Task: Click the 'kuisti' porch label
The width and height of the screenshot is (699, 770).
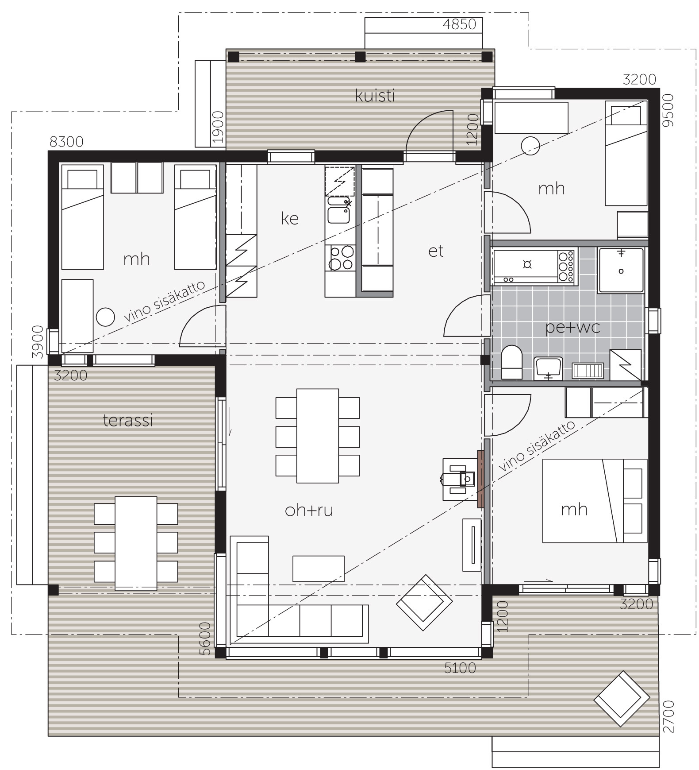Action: pyautogui.click(x=375, y=96)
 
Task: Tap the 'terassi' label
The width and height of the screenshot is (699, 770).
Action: pyautogui.click(x=128, y=420)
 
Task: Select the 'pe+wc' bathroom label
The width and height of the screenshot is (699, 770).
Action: pyautogui.click(x=572, y=328)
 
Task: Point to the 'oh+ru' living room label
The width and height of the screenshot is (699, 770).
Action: pyautogui.click(x=309, y=511)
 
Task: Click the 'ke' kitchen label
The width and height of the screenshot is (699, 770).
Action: pyautogui.click(x=290, y=218)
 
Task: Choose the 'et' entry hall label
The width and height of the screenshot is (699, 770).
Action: pyautogui.click(x=436, y=251)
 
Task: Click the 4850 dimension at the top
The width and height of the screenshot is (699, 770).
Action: pyautogui.click(x=459, y=24)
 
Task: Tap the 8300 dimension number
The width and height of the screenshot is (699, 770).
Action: pyautogui.click(x=66, y=142)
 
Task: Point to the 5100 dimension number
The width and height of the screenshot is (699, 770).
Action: pyautogui.click(x=460, y=668)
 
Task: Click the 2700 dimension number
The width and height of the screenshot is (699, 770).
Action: pyautogui.click(x=668, y=716)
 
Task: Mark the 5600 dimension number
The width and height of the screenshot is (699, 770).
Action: pyautogui.click(x=204, y=638)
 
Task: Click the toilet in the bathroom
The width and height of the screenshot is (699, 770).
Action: pyautogui.click(x=512, y=362)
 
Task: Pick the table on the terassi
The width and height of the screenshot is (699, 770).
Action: pyautogui.click(x=136, y=543)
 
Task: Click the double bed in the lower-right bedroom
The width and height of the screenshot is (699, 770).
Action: pyautogui.click(x=595, y=501)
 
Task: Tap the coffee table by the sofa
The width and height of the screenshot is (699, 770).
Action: pyautogui.click(x=319, y=569)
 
